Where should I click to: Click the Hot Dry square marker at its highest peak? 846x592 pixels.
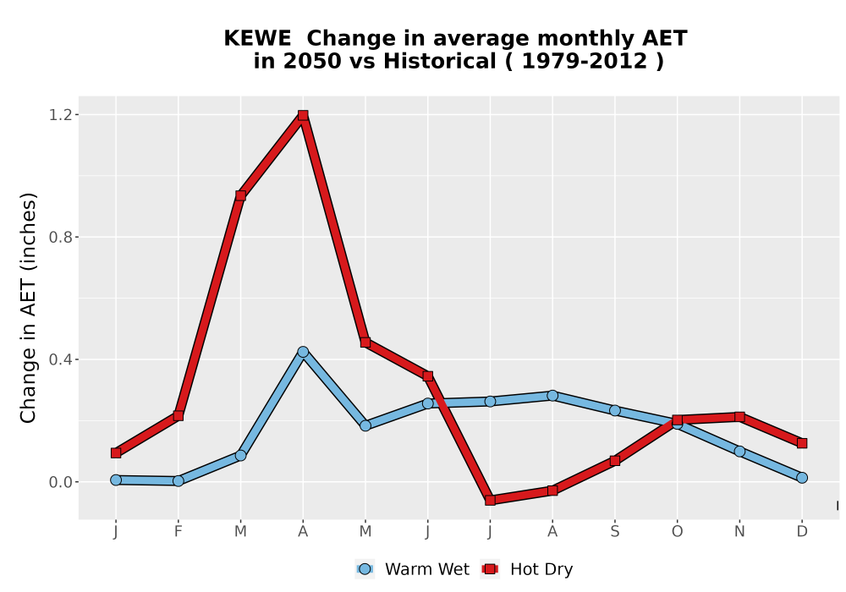[303, 115]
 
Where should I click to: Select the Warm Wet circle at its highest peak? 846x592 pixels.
[303, 352]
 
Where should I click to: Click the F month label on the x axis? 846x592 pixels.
[178, 532]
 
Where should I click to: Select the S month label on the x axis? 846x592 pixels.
[614, 532]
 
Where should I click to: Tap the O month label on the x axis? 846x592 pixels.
[677, 532]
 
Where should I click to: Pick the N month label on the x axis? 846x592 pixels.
[739, 532]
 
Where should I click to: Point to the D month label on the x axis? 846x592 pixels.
[802, 532]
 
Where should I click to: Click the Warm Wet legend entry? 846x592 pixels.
[413, 569]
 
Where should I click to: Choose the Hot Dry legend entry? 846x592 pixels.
[526, 569]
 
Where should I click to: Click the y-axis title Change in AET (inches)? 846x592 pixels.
[28, 308]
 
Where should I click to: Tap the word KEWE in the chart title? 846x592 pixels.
[257, 38]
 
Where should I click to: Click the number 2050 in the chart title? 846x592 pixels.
[312, 61]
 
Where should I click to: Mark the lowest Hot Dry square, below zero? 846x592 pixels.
[490, 501]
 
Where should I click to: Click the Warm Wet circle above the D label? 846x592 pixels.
[802, 478]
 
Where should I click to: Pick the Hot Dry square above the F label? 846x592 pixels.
[178, 416]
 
